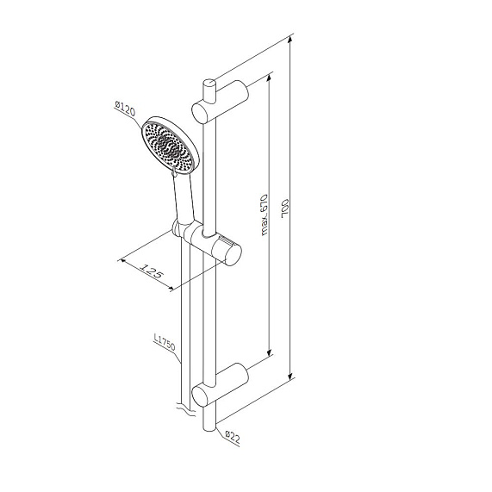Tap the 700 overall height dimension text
296,209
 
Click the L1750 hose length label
165,346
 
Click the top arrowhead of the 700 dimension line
292,40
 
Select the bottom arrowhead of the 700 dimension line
292,377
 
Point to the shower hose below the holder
183,327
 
